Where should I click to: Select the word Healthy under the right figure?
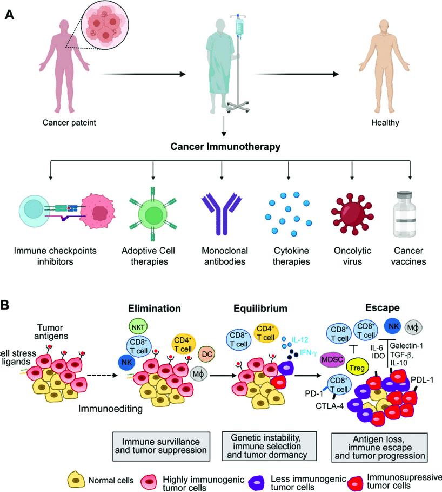(385, 123)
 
